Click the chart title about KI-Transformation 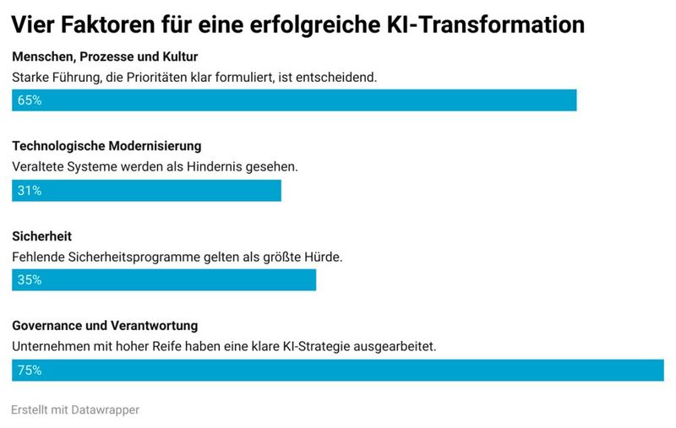point(297,24)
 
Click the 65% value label point(30,100)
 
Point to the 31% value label point(30,191)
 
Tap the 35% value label point(30,280)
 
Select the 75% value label point(30,371)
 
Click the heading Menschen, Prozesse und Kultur point(105,57)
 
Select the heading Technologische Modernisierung point(106,147)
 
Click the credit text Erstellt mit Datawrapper point(75,409)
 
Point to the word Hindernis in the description point(217,167)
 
